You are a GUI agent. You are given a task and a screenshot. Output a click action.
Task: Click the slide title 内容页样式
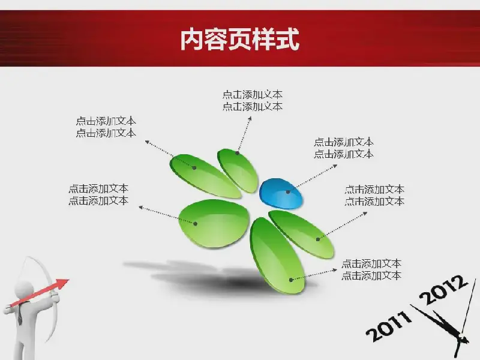tap(239, 39)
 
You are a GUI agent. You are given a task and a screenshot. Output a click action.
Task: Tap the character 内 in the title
tap(191, 39)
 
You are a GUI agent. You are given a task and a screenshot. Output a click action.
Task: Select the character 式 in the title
tap(288, 39)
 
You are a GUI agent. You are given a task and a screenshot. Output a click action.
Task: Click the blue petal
tap(281, 194)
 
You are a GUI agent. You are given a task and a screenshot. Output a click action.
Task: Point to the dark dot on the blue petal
tap(288, 192)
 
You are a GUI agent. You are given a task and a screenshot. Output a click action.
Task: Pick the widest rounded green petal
tap(214, 223)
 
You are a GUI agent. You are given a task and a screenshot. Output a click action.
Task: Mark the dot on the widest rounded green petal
tap(196, 224)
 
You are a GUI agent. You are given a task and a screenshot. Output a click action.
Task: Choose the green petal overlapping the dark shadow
tap(277, 256)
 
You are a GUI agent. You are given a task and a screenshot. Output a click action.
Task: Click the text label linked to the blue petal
tap(343, 148)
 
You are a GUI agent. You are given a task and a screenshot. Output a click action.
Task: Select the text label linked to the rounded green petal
tap(98, 194)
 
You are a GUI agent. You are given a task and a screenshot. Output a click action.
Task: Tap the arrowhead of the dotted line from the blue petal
tap(335, 166)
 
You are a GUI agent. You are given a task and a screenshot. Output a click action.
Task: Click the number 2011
tap(389, 326)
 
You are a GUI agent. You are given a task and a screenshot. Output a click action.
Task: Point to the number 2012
tap(443, 290)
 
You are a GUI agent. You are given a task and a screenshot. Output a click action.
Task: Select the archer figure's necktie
tap(19, 313)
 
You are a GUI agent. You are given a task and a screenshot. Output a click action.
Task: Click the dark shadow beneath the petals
tap(214, 277)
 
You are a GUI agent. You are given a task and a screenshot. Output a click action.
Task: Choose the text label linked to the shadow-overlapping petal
tap(371, 269)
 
